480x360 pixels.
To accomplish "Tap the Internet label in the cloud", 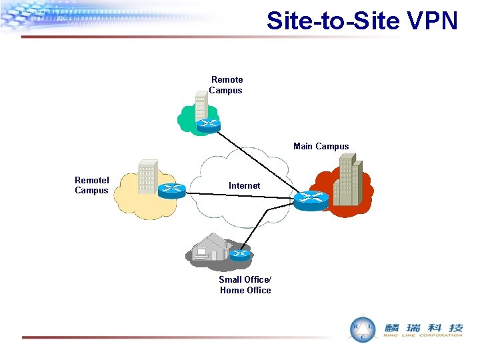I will click(x=244, y=185).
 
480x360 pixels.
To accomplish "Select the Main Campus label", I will click(x=321, y=147).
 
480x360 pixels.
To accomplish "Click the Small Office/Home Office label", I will click(x=245, y=285).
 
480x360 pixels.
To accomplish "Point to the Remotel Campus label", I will click(x=92, y=185).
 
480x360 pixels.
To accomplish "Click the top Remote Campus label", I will click(x=227, y=85).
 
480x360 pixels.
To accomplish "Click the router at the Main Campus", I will click(x=311, y=199).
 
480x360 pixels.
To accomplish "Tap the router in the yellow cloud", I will click(x=172, y=189).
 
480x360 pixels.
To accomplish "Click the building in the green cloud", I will click(x=200, y=107).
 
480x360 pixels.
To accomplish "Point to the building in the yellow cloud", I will click(x=147, y=177).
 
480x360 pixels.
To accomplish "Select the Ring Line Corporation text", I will click(x=423, y=335).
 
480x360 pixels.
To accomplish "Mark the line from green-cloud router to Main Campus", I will click(x=257, y=161).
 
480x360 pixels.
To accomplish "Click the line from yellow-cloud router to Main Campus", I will click(x=240, y=195).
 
